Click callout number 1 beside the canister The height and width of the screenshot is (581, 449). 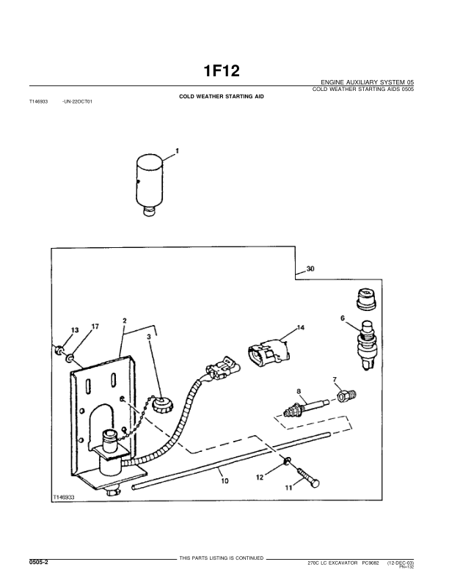pyautogui.click(x=177, y=152)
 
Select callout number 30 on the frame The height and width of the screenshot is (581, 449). pyautogui.click(x=310, y=269)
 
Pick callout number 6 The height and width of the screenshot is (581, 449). pyautogui.click(x=342, y=318)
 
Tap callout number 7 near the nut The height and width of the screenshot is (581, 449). pyautogui.click(x=335, y=379)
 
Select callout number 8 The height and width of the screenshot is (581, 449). pyautogui.click(x=299, y=392)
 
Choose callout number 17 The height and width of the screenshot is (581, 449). pyautogui.click(x=95, y=326)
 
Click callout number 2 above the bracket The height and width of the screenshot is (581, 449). pyautogui.click(x=125, y=321)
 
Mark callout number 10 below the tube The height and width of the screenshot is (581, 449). pyautogui.click(x=224, y=481)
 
